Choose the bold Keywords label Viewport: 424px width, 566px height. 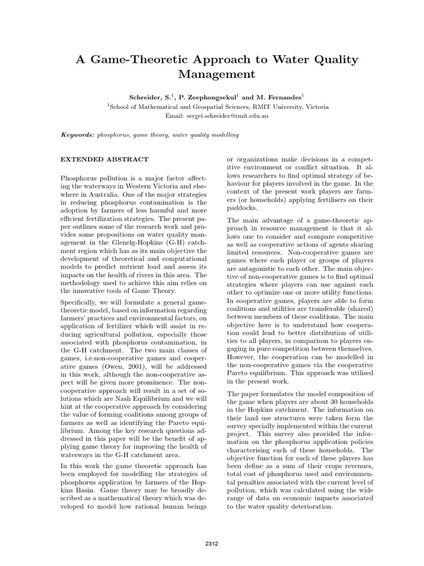click(x=77, y=135)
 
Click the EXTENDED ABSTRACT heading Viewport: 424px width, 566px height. click(x=104, y=159)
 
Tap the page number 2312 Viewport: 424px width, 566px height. click(x=211, y=543)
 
